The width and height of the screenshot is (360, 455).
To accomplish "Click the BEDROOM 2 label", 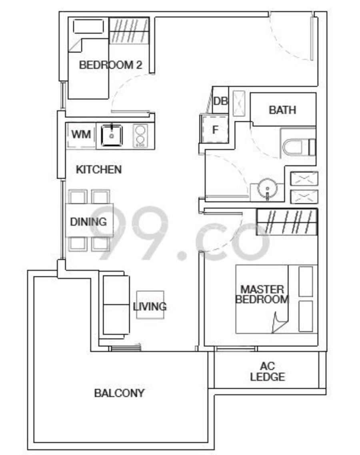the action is pyautogui.click(x=111, y=65).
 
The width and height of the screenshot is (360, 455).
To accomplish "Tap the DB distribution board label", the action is pyautogui.click(x=221, y=101).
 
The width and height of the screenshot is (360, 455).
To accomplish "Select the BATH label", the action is pyautogui.click(x=282, y=110).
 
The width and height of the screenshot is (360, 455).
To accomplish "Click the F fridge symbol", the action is pyautogui.click(x=215, y=130).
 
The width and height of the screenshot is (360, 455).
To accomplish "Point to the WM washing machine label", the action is pyautogui.click(x=81, y=134).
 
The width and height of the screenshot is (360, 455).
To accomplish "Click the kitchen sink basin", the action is pyautogui.click(x=112, y=135).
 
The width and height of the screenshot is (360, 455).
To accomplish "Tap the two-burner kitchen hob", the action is pyautogui.click(x=140, y=135).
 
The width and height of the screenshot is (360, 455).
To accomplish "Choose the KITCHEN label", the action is pyautogui.click(x=99, y=170).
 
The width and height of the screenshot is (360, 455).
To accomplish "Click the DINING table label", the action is pyautogui.click(x=88, y=222).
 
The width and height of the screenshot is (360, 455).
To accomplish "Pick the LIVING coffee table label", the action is pyautogui.click(x=150, y=306).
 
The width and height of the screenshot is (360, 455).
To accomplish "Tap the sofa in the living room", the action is pyautogui.click(x=116, y=305).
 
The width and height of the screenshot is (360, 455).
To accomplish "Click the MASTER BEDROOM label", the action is pyautogui.click(x=262, y=294).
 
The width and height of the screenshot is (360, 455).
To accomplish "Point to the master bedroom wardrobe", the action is pyautogui.click(x=287, y=222).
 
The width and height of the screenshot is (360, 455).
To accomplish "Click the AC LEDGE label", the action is pyautogui.click(x=267, y=371).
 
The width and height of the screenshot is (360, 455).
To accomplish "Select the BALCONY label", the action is pyautogui.click(x=119, y=393).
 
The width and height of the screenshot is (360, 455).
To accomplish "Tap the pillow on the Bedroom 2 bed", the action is pyautogui.click(x=88, y=27).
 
